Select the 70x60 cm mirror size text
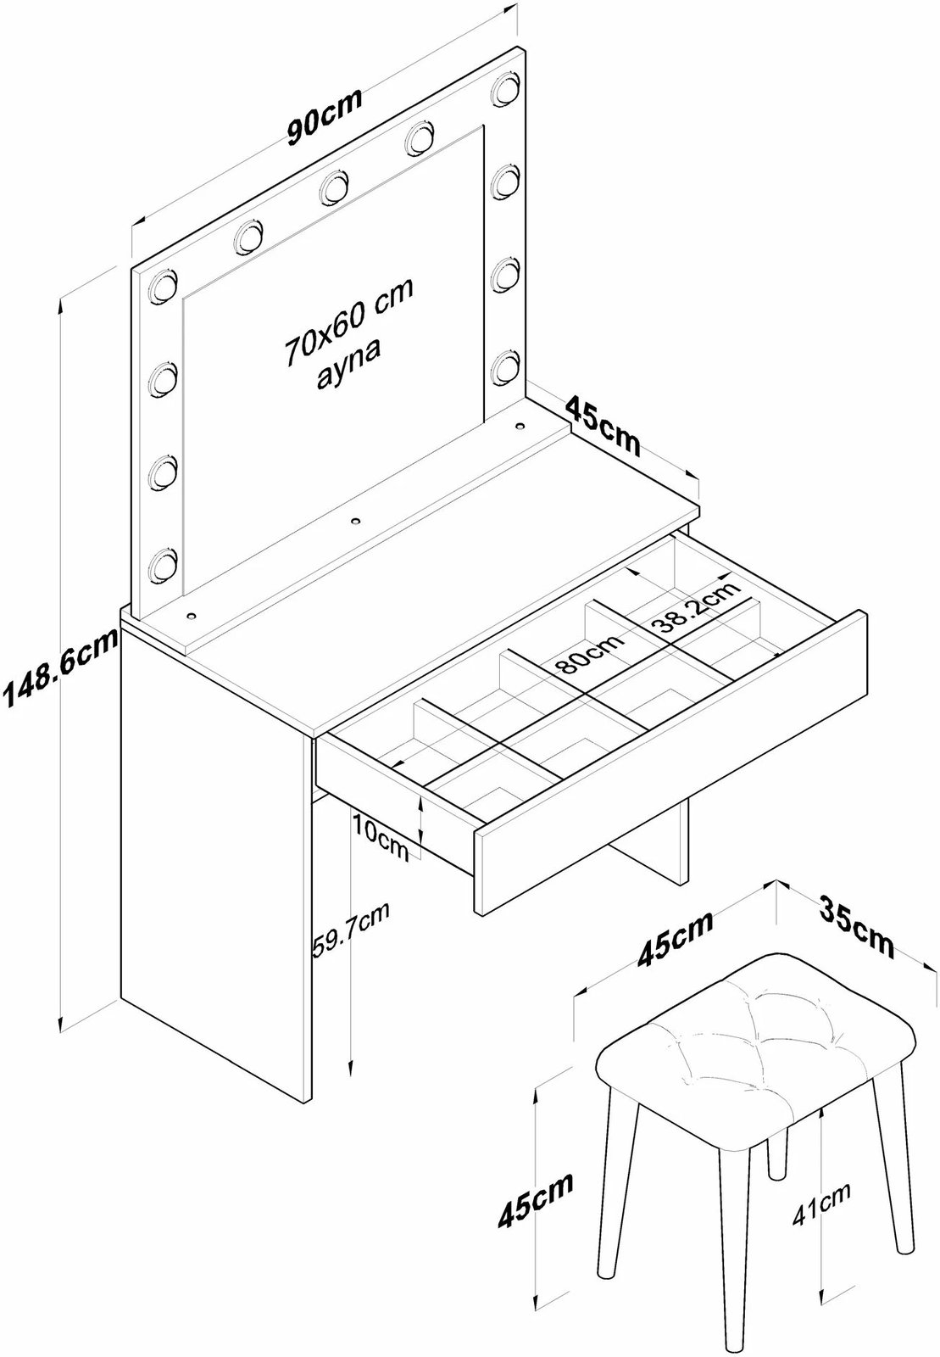(349, 321)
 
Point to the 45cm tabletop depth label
(603, 426)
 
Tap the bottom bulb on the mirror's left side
(163, 566)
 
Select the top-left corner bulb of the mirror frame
(162, 285)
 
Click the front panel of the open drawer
(671, 760)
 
